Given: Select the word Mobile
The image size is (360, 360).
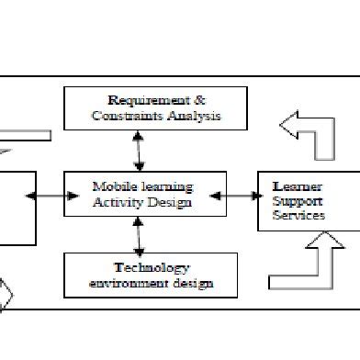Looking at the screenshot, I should click(x=112, y=186).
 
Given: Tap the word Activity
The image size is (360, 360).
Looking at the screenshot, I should click(x=117, y=202).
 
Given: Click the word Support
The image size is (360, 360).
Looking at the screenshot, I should click(x=295, y=200).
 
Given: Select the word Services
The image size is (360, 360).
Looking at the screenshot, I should click(x=299, y=216).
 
